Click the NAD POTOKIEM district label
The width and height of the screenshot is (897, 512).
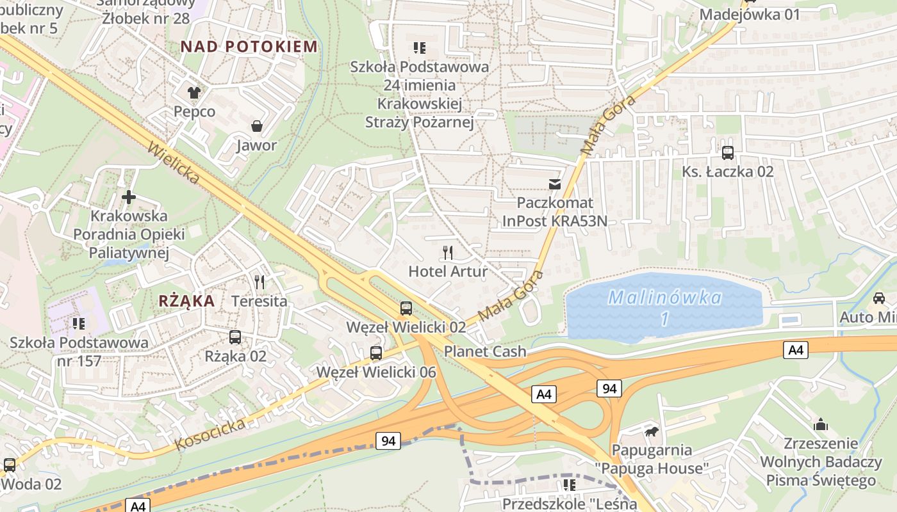tap(249, 46)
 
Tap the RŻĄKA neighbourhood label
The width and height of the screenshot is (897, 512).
tap(186, 301)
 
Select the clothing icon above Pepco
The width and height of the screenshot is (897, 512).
tap(194, 92)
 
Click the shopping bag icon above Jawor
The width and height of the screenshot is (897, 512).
tap(257, 125)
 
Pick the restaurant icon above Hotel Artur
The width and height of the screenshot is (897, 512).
tap(448, 252)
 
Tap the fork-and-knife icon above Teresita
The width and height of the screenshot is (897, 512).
tap(259, 282)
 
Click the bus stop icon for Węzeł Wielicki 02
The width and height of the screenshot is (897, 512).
tap(406, 308)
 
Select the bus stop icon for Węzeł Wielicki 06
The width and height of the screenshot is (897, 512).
tap(376, 353)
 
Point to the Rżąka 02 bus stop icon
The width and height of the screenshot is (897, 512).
tap(235, 337)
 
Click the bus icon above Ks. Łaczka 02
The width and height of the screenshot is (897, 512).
tap(727, 152)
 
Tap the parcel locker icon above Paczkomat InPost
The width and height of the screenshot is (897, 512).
tap(554, 184)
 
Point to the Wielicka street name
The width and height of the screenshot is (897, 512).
tap(174, 163)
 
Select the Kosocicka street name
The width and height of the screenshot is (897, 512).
tap(210, 434)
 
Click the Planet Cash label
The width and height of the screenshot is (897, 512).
tap(485, 351)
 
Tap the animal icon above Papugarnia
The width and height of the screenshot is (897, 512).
tap(652, 431)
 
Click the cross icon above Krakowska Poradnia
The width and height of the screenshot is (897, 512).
tap(129, 197)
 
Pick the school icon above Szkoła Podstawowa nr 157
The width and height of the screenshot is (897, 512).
tap(79, 323)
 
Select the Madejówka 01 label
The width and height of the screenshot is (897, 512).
tap(750, 14)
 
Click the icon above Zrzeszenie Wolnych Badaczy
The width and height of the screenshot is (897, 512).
tap(820, 424)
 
